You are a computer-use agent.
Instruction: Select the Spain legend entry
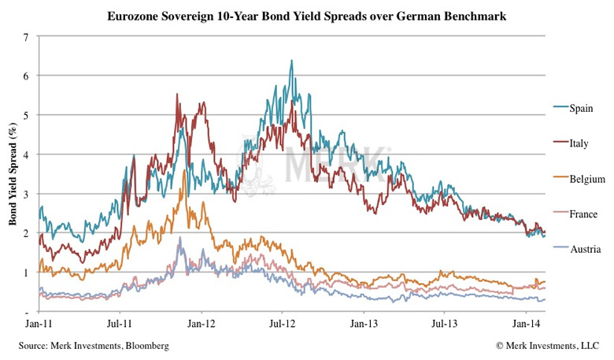pos(582,108)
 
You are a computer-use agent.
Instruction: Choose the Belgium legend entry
pos(586,179)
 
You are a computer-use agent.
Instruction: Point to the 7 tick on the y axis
pos(27,37)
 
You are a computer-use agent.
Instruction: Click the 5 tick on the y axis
pos(27,115)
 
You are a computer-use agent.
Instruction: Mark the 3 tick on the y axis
pos(27,194)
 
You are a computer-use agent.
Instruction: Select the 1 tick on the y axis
pos(27,273)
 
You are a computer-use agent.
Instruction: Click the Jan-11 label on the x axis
pos(36,323)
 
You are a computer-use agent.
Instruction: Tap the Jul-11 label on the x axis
pos(117,323)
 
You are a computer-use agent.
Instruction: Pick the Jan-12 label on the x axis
pos(201,323)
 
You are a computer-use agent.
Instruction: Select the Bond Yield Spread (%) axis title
pos(13,174)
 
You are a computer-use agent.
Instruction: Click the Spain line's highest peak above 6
pos(292,61)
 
